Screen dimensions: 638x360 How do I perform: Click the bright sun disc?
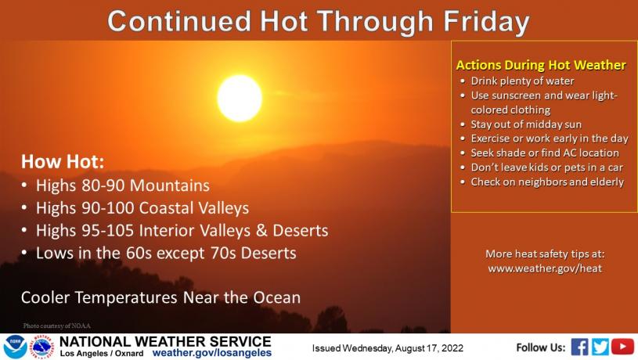(x=240, y=98)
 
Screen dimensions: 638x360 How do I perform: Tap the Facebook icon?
(x=579, y=347)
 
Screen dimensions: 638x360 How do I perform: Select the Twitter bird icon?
(x=600, y=347)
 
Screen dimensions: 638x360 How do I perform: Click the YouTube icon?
(x=622, y=347)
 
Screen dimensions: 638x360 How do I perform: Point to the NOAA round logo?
(x=15, y=347)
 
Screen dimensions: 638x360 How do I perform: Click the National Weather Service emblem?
(x=42, y=347)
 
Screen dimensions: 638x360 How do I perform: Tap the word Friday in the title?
(x=486, y=22)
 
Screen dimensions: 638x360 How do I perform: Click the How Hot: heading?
(x=63, y=161)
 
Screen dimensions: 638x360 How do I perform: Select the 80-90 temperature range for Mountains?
(x=103, y=185)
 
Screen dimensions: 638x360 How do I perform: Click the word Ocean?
(x=276, y=297)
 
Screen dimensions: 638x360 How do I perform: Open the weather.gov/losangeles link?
(x=211, y=353)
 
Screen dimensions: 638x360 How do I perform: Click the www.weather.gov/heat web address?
(x=545, y=268)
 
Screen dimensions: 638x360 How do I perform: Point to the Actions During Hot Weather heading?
(x=541, y=65)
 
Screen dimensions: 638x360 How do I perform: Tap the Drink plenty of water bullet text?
(x=522, y=81)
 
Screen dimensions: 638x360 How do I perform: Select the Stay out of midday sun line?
(x=526, y=124)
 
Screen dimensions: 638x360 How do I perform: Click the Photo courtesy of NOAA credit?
(x=56, y=326)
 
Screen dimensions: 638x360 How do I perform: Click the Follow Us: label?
(x=541, y=347)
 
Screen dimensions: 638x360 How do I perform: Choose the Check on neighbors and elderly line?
(x=547, y=182)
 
